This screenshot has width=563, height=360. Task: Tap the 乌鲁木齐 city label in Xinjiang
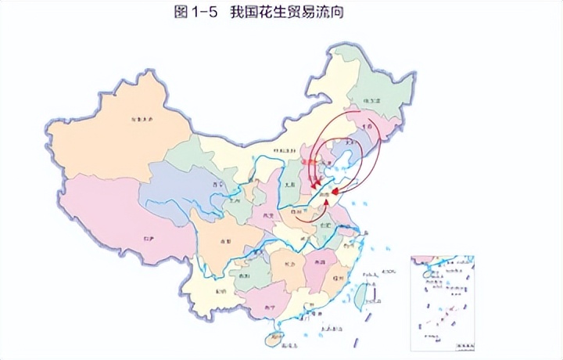tap(142, 120)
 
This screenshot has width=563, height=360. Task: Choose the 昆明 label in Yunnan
tap(221, 291)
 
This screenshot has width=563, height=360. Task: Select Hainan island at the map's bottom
tap(273, 339)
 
